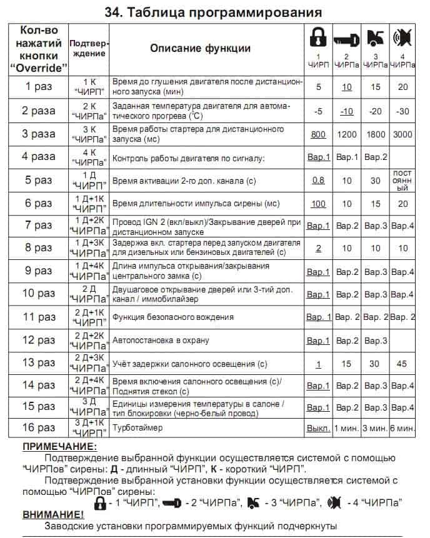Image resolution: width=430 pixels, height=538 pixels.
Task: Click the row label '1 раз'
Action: pyautogui.click(x=38, y=87)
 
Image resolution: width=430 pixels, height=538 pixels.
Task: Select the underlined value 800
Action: pyautogui.click(x=318, y=134)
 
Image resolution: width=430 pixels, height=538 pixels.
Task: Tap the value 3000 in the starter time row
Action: pyautogui.click(x=402, y=134)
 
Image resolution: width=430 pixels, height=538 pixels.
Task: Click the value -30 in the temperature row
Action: pyautogui.click(x=402, y=111)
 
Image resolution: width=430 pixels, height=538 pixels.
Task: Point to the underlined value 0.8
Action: pyautogui.click(x=318, y=181)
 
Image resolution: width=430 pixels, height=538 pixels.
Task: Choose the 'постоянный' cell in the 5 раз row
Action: pyautogui.click(x=402, y=180)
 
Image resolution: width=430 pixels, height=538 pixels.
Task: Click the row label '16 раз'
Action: pyautogui.click(x=38, y=427)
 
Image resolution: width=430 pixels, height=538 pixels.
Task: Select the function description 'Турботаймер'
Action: pyautogui.click(x=137, y=427)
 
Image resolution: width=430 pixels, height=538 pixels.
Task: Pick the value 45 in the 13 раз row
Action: pyautogui.click(x=402, y=364)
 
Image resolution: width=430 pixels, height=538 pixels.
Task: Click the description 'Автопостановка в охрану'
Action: pyautogui.click(x=160, y=341)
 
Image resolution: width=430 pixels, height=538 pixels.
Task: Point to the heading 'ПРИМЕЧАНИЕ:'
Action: pyautogui.click(x=60, y=447)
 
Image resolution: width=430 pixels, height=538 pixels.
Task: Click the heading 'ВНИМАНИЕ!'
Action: pyautogui.click(x=52, y=514)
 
